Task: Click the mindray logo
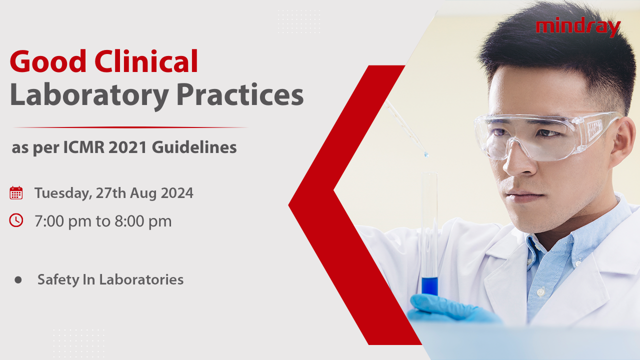pyautogui.click(x=577, y=27)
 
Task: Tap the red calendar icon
pyautogui.click(x=16, y=193)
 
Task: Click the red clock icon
pyautogui.click(x=16, y=220)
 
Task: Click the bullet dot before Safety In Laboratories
pyautogui.click(x=18, y=280)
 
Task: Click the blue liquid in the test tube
pyautogui.click(x=429, y=286)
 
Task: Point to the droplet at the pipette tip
pyautogui.click(x=426, y=154)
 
